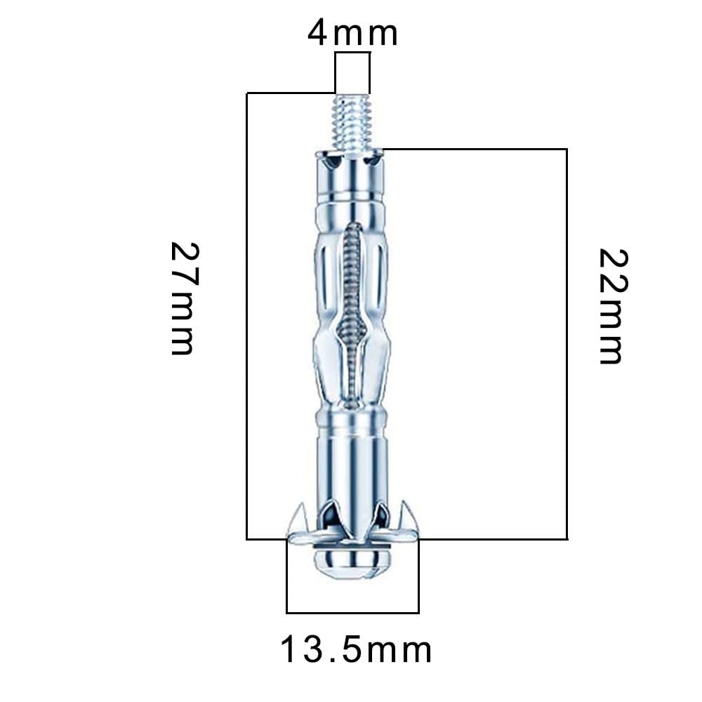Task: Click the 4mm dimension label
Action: coord(353,33)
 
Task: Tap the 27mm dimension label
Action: coord(183,298)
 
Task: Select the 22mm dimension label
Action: coord(612,307)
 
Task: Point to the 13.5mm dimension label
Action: coord(356,650)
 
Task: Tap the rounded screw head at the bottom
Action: coord(352,562)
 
